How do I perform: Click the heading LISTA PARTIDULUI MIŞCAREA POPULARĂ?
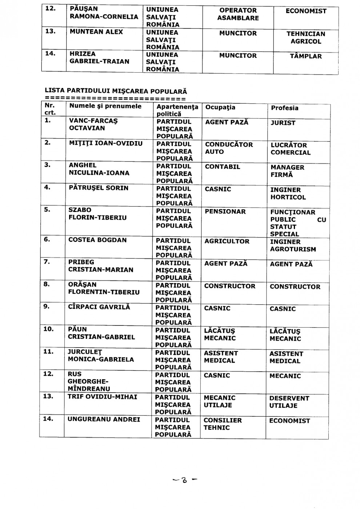(115, 91)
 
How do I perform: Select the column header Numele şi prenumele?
(105, 106)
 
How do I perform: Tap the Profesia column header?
(284, 108)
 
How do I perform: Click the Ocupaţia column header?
(220, 107)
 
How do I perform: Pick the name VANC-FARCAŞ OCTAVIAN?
(93, 124)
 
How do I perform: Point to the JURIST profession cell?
(283, 123)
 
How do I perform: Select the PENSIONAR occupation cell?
(225, 212)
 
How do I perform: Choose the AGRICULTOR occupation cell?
(227, 241)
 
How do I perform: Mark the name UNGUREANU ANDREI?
(104, 419)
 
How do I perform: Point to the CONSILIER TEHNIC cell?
(223, 424)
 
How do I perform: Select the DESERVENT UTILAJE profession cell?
(289, 402)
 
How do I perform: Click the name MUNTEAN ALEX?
(96, 32)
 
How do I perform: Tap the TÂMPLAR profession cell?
(305, 56)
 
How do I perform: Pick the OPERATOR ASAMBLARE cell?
(238, 14)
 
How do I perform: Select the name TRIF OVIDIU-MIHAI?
(103, 397)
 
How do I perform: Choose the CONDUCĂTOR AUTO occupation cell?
(229, 148)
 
